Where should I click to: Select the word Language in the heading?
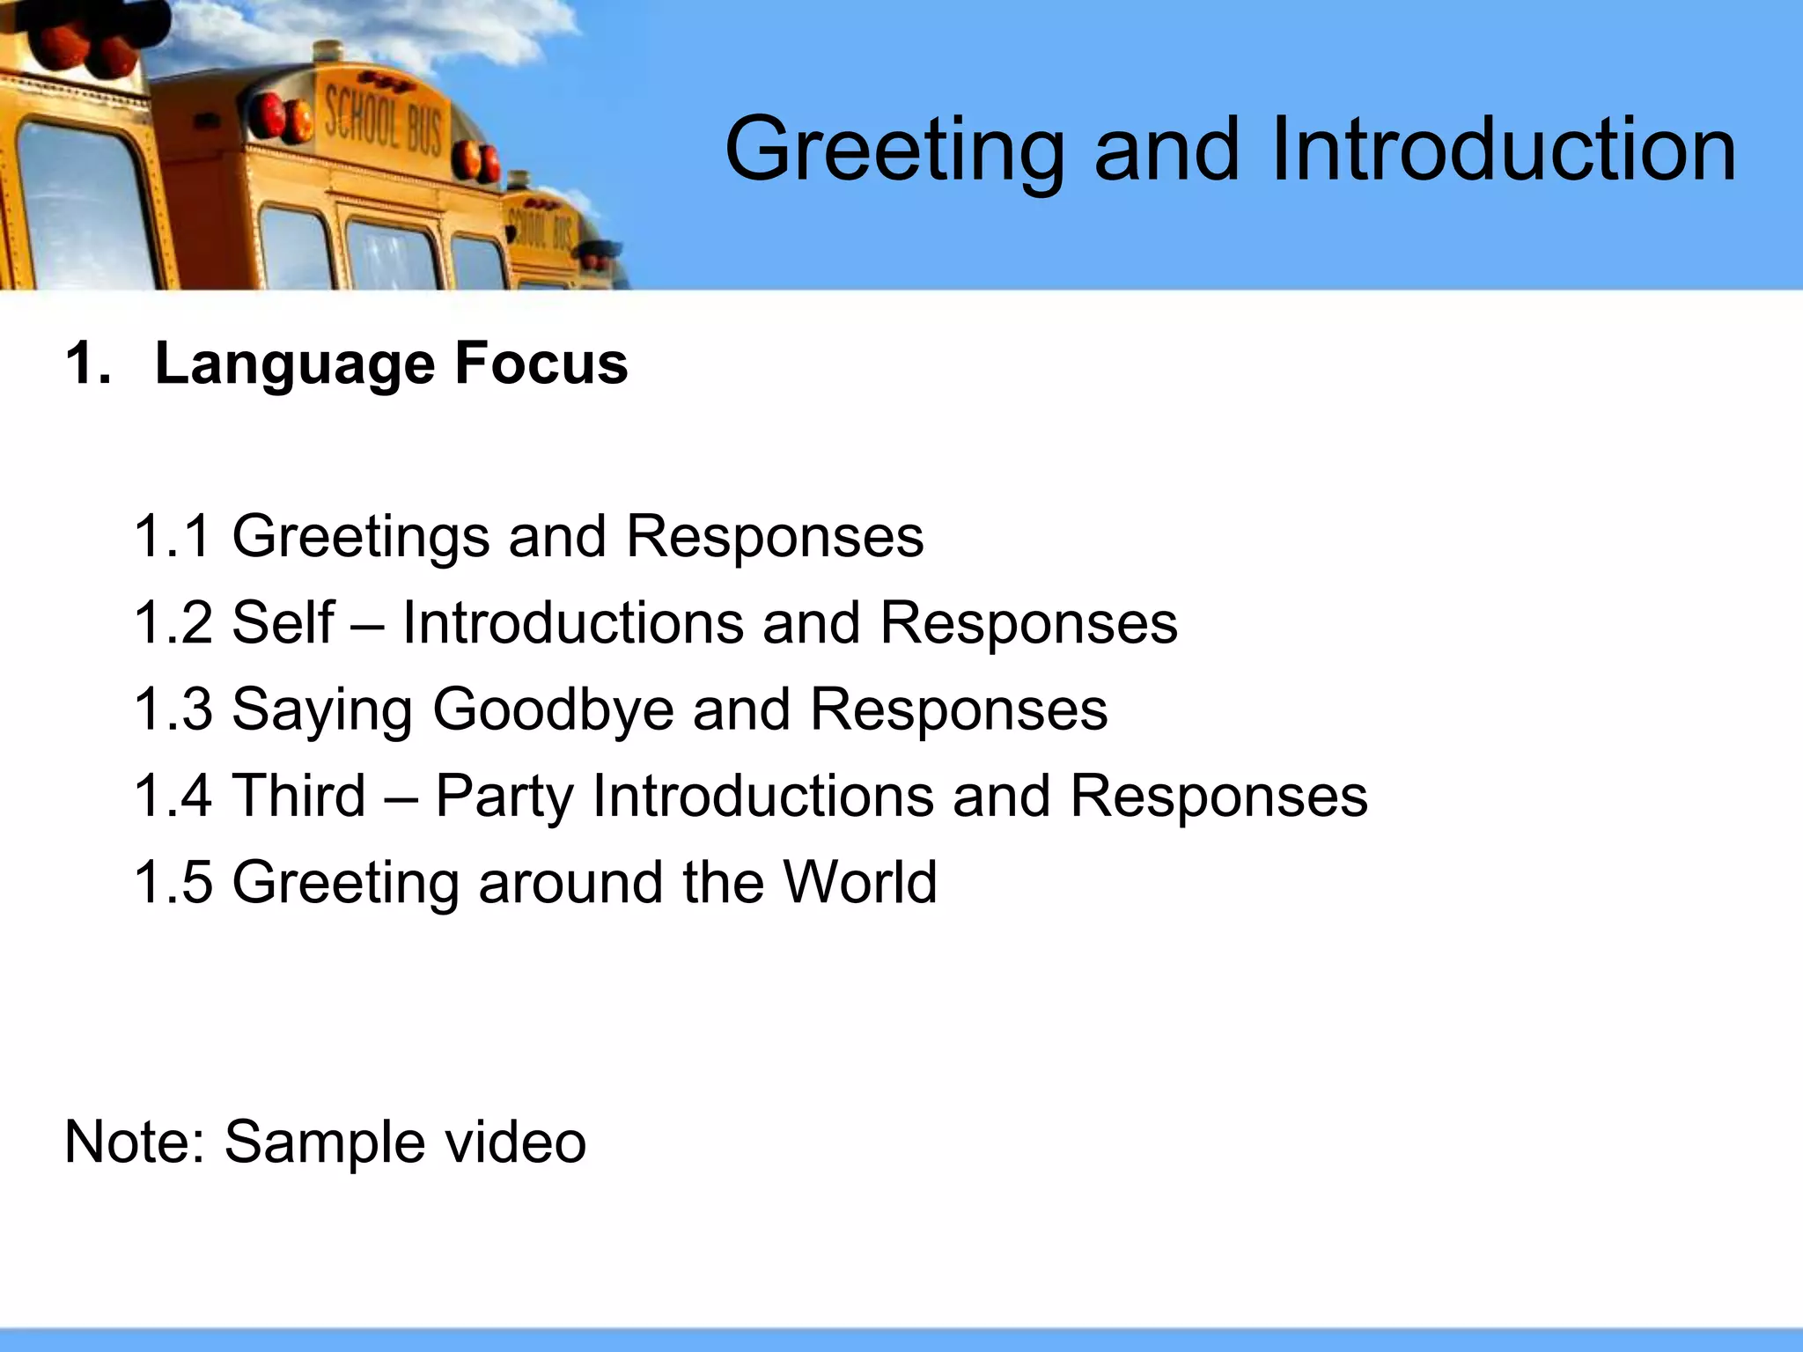click(x=295, y=364)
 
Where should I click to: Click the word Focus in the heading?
click(x=541, y=363)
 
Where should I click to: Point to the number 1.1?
click(x=173, y=536)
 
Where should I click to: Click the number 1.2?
click(x=173, y=622)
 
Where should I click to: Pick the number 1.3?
click(x=173, y=709)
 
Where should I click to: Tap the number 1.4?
click(x=173, y=795)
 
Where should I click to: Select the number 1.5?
click(x=173, y=881)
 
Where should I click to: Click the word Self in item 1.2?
click(x=283, y=622)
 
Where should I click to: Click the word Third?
click(x=298, y=795)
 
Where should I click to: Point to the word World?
click(x=860, y=881)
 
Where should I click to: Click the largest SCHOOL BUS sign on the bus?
click(x=384, y=127)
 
